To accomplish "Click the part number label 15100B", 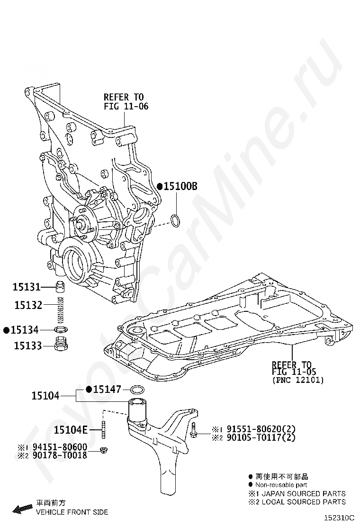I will click(x=180, y=187).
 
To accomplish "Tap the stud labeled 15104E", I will click(x=103, y=429).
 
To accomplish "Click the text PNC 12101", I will click(x=298, y=380).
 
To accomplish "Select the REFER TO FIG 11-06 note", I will click(x=126, y=102).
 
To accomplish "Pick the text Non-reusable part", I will click(x=281, y=485).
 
